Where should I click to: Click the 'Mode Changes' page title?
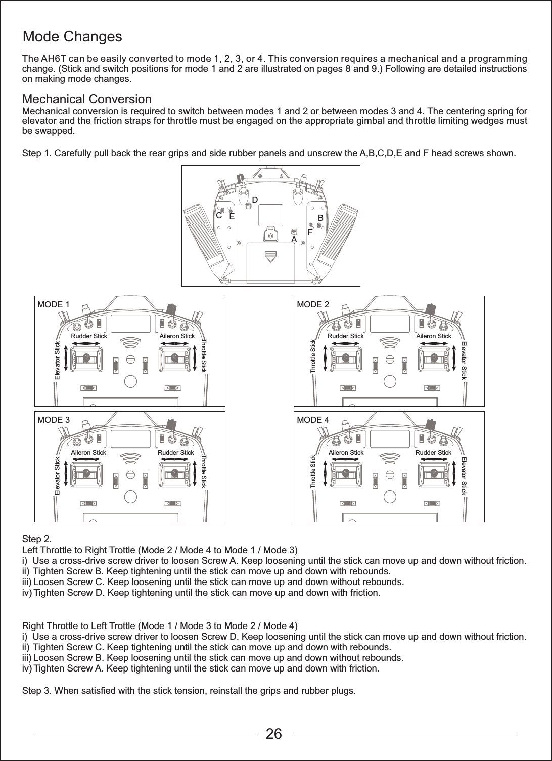point(73,37)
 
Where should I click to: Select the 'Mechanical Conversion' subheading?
point(87,99)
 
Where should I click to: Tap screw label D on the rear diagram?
point(255,200)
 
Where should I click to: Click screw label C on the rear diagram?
point(219,215)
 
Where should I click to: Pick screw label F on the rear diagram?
point(310,233)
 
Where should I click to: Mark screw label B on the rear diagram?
point(320,217)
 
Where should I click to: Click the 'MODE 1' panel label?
point(54,304)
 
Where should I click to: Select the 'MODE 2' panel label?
point(312,304)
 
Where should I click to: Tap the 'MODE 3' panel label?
point(54,420)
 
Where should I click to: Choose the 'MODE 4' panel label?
point(312,420)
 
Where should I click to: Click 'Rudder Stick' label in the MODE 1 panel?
point(89,336)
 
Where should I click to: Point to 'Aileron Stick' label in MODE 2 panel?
point(433,336)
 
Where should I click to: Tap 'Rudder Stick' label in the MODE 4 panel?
point(433,452)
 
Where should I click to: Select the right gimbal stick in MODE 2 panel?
point(433,358)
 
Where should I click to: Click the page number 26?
point(274,734)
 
